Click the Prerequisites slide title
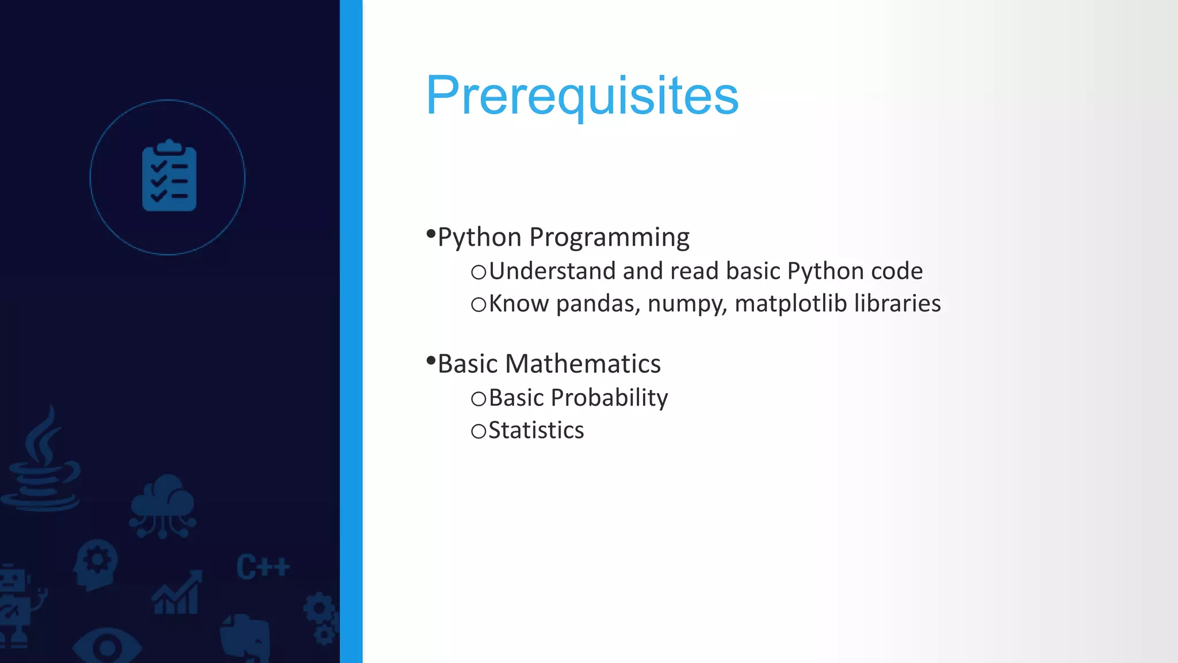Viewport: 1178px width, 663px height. (582, 96)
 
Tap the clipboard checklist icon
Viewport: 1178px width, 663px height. (169, 176)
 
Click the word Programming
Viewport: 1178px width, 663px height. (609, 237)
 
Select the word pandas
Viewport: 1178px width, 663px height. (598, 304)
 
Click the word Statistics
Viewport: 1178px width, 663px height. (536, 430)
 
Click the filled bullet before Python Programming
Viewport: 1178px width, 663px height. (431, 234)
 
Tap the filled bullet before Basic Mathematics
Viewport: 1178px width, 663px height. (431, 361)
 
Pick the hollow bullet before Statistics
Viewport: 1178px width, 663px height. (478, 431)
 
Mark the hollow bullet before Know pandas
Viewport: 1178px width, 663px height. (478, 304)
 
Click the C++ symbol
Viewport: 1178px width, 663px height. (262, 567)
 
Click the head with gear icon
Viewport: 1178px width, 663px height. (95, 564)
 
